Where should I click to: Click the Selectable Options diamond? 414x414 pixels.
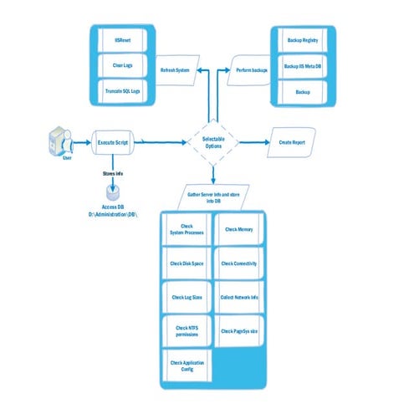(213, 143)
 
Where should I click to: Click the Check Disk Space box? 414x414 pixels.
(185, 263)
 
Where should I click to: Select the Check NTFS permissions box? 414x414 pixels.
(185, 331)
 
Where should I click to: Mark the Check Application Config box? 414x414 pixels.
(185, 365)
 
